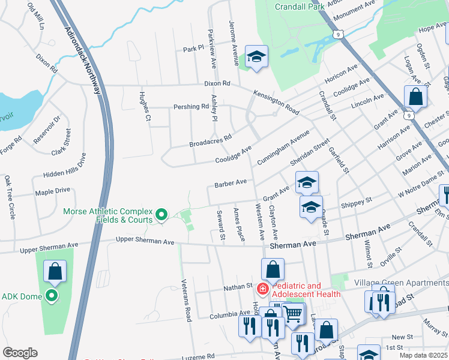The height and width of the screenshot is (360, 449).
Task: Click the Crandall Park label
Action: (299, 7)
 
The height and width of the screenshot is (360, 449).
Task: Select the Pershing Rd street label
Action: (187, 107)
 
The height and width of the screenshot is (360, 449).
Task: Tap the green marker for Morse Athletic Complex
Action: (161, 214)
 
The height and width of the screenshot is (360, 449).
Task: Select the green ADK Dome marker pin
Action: (52, 295)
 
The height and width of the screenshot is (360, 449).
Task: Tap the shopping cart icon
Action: (292, 312)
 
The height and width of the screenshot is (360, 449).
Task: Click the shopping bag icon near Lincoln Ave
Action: (415, 96)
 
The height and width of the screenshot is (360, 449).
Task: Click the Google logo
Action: (20, 353)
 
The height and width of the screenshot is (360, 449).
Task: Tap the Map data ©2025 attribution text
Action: (423, 355)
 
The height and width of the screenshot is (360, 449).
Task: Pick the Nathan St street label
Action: (239, 287)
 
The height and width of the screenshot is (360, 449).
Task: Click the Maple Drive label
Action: (52, 191)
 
